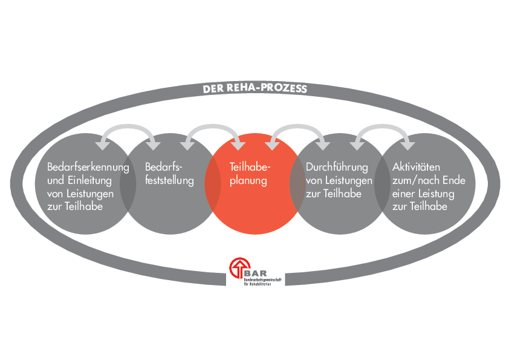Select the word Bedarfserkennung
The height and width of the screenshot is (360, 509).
88,167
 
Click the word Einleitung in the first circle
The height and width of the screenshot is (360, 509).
90,180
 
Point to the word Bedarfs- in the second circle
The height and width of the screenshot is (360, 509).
164,167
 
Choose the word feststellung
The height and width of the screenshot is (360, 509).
169,180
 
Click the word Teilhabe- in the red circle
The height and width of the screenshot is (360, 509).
250,167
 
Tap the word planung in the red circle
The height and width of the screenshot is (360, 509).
248,181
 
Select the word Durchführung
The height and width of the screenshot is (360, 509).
337,167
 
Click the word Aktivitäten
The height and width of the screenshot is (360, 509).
416,167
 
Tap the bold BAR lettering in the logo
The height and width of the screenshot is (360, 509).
256,273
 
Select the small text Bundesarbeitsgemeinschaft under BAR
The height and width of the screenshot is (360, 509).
262,280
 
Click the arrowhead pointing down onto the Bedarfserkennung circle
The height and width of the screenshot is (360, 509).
103,146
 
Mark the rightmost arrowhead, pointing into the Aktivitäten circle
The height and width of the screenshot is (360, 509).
407,146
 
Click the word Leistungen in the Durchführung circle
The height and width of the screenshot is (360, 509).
349,180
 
